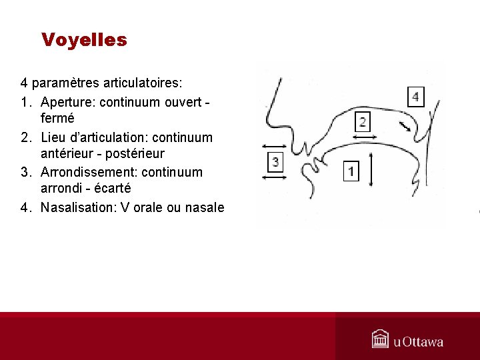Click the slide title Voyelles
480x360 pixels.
pyautogui.click(x=84, y=40)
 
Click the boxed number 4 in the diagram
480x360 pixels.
pyautogui.click(x=415, y=97)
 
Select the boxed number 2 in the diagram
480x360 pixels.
pyautogui.click(x=363, y=121)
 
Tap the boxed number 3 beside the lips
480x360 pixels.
pyautogui.click(x=275, y=161)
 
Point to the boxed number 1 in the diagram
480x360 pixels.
pyautogui.click(x=351, y=171)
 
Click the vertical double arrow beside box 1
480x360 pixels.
pyautogui.click(x=371, y=170)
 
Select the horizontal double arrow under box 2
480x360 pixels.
pyautogui.click(x=364, y=137)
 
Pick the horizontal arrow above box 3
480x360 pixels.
pyautogui.click(x=275, y=147)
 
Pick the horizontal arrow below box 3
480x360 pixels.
pyautogui.click(x=275, y=177)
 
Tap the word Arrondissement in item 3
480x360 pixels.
pyautogui.click(x=88, y=172)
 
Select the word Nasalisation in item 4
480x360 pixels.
pyautogui.click(x=77, y=207)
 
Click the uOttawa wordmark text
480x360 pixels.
pyautogui.click(x=418, y=342)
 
